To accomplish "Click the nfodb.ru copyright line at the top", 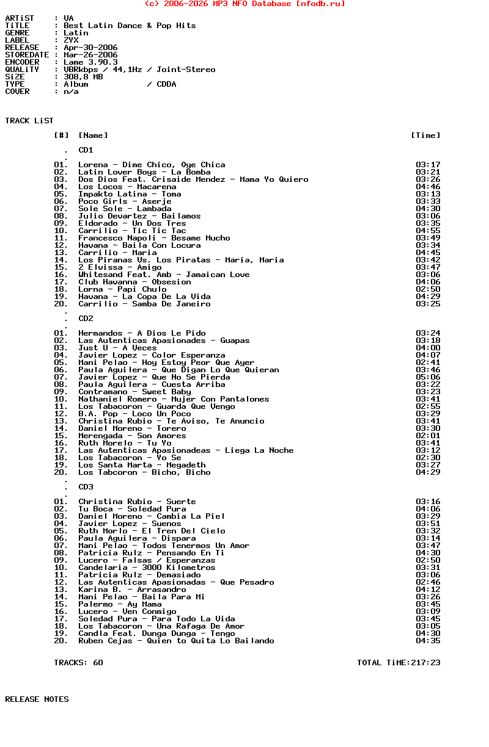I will pos(244,4).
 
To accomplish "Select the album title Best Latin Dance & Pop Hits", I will pos(130,26).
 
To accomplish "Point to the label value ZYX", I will pos(71,40).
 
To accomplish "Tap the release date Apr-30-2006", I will pos(90,48).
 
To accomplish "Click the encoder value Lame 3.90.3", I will pos(90,62).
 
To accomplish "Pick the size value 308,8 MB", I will pos(83,77).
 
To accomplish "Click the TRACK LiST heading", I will pos(29,121).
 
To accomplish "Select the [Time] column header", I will pos(425,135).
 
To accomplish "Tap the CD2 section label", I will pos(86,319).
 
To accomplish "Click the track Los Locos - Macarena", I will pos(127,187).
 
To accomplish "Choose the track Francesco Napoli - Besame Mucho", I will pos(154,238).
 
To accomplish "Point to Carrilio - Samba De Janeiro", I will pos(144,304).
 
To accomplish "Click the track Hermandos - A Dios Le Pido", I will pos(142,333).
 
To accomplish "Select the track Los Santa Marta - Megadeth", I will pos(142,465).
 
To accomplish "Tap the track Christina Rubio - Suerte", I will pos(137,502).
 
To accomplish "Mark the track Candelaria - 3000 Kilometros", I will pos(147,568).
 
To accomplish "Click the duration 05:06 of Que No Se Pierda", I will pos(428,377).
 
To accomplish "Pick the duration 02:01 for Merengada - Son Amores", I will pos(428,436).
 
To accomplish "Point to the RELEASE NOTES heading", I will pos(37,699).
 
